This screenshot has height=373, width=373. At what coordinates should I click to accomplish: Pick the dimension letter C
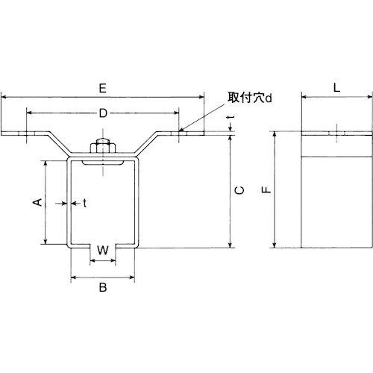coord(238,191)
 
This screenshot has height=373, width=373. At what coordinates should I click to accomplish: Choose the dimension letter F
coord(266,191)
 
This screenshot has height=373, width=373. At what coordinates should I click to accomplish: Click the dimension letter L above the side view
coord(336,87)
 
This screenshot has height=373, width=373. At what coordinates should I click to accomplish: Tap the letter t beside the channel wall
coord(84,202)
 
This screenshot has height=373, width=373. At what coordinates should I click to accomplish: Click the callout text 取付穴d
coord(248,97)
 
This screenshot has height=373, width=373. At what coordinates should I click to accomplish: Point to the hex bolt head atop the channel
coord(101,148)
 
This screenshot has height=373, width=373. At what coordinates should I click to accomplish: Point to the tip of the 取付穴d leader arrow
coord(181,132)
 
